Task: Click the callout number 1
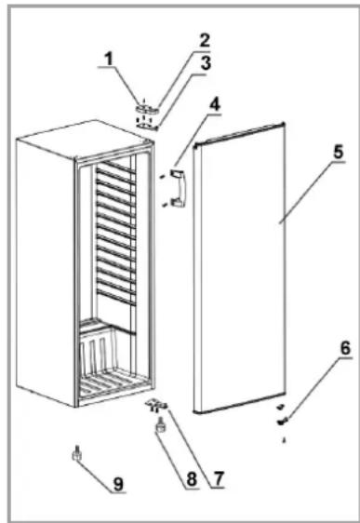tap(109, 60)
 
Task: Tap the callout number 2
tap(205, 40)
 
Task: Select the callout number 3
tap(206, 63)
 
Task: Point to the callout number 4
tap(215, 105)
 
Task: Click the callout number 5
tap(338, 152)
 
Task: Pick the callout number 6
tap(346, 348)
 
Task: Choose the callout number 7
tap(218, 479)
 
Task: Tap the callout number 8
tap(192, 479)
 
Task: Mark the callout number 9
tap(118, 484)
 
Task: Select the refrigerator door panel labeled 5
tap(240, 269)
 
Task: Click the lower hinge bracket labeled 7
tap(155, 406)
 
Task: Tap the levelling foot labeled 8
tap(160, 425)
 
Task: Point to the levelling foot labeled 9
tap(77, 453)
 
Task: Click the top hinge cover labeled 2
tap(147, 109)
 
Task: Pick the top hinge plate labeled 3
tap(147, 126)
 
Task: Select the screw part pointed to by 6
tap(282, 422)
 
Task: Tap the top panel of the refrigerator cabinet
tap(84, 139)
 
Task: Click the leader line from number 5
tap(313, 192)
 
